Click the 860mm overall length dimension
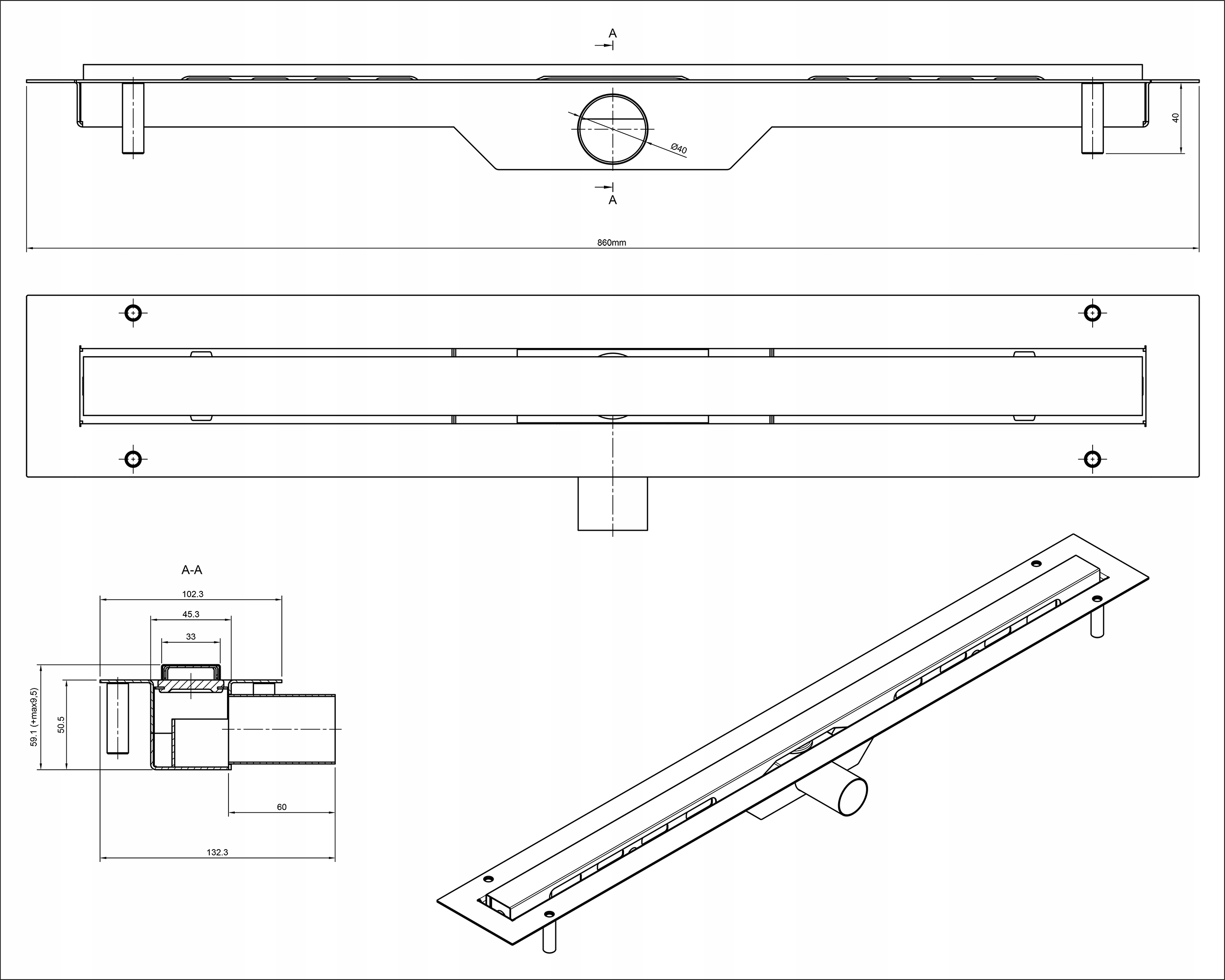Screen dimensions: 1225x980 (611, 243)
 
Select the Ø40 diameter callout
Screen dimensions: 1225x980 (679, 149)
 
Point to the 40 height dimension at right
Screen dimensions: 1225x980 (1175, 117)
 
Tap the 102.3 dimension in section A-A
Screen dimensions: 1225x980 (193, 594)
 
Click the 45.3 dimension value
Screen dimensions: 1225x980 (191, 614)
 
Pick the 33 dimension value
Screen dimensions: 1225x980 (191, 637)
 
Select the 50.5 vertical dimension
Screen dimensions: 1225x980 (61, 724)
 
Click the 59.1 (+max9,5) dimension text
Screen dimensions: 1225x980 (34, 717)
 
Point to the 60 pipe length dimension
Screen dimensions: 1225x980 (282, 807)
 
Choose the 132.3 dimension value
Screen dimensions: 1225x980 (217, 852)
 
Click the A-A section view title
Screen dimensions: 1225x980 (192, 570)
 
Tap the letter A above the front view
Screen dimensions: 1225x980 (613, 33)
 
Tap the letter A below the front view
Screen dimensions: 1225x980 (613, 200)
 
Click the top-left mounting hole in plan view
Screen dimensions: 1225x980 (133, 313)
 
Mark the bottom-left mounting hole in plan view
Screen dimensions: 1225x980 (133, 459)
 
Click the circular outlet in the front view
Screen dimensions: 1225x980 (613, 129)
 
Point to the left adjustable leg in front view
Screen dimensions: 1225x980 (133, 118)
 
